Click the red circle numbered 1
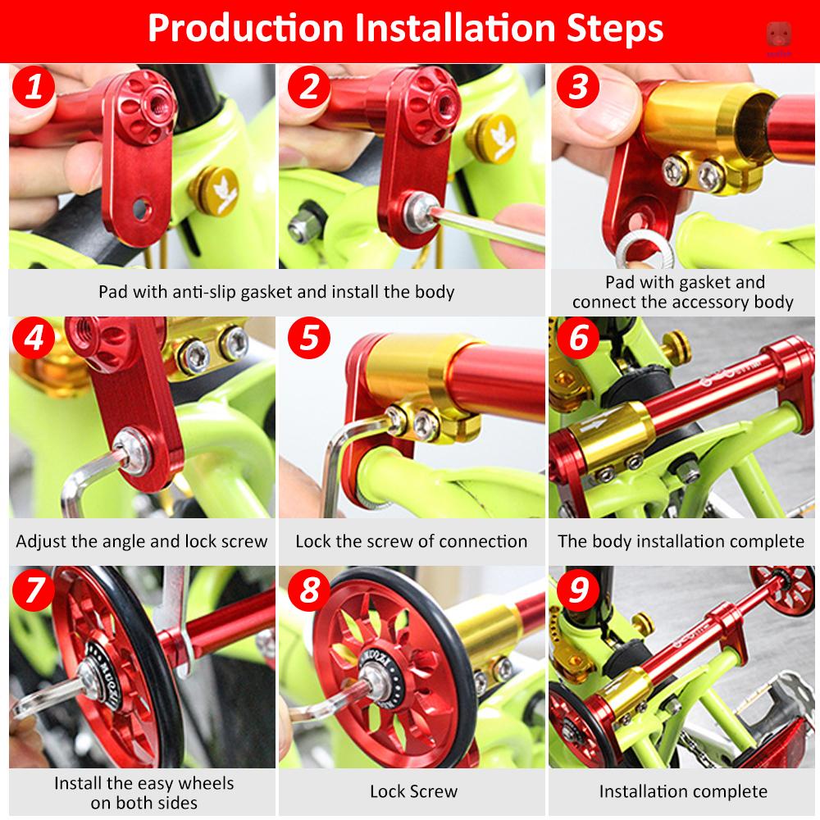pos(34,86)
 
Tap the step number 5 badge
pos(309,337)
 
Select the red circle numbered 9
pos(578,590)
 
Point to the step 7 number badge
pos(34,590)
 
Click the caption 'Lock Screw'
pos(413,792)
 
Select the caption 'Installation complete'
pos(683,792)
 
